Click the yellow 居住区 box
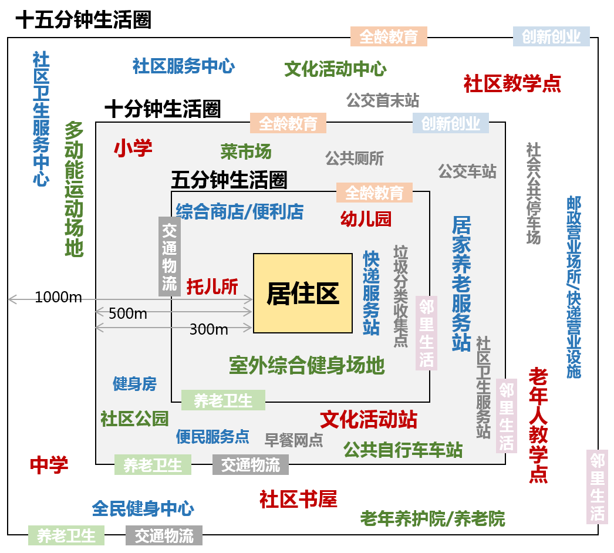pos(303,294)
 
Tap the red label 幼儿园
pos(366,219)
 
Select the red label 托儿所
pos(212,286)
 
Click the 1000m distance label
pos(58,297)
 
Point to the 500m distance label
pos(127,313)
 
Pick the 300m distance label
pos(209,329)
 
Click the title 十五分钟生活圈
pos(83,19)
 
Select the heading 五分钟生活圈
pos(229,180)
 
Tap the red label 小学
pos(133,148)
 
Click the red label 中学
pos(49,465)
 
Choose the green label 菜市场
pos(246,151)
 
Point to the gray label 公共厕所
pos(355,159)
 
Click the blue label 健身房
pos(134,384)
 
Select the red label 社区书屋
pos(298,500)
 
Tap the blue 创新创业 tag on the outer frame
pos(551,36)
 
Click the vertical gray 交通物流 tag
pos(170,257)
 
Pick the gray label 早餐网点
pos(294,440)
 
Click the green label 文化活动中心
pos(336,69)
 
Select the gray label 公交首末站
pos(383,100)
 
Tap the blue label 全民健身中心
pos(143,508)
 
